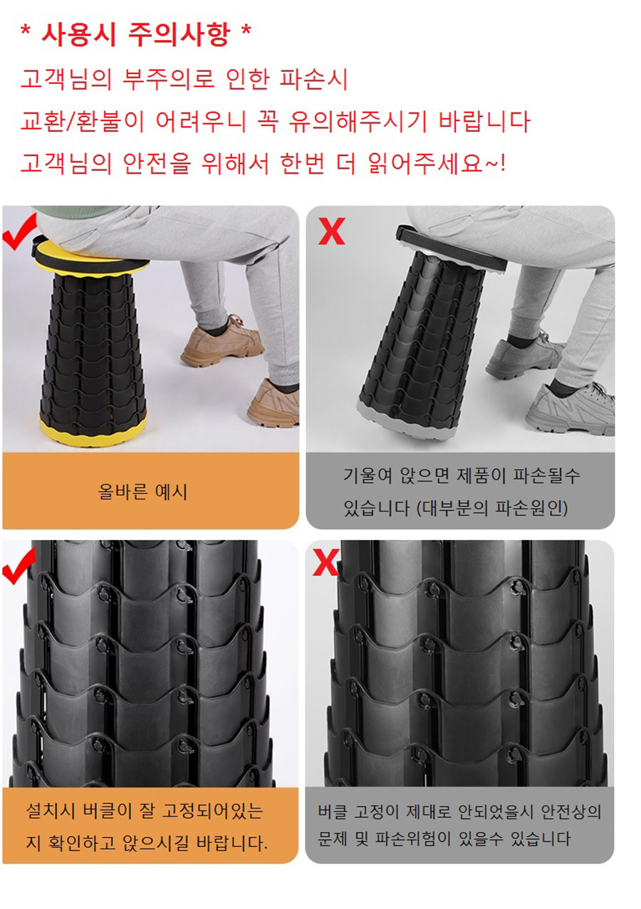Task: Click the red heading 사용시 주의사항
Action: (x=135, y=36)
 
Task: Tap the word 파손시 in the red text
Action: (x=313, y=79)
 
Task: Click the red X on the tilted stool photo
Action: (x=331, y=231)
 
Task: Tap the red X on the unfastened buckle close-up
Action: (x=325, y=563)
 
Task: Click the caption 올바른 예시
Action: (x=142, y=492)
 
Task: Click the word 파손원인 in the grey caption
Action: (x=528, y=508)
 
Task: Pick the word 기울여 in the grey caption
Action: (x=369, y=475)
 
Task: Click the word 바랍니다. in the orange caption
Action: (x=232, y=843)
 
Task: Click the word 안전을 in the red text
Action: (x=157, y=164)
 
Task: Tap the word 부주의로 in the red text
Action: (x=168, y=79)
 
